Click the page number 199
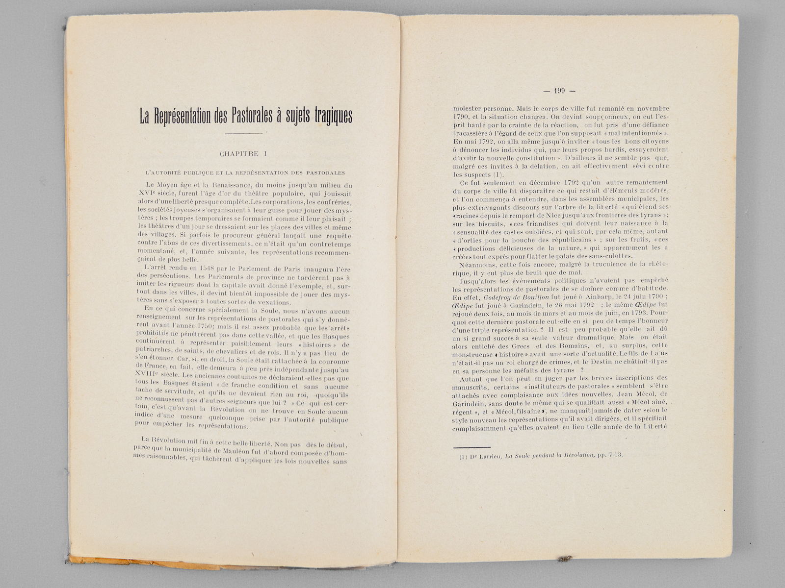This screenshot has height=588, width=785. pos(559,90)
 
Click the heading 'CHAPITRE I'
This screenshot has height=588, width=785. pos(243,154)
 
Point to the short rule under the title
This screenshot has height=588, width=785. pos(243,133)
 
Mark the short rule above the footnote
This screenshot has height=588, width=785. pos(471,447)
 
